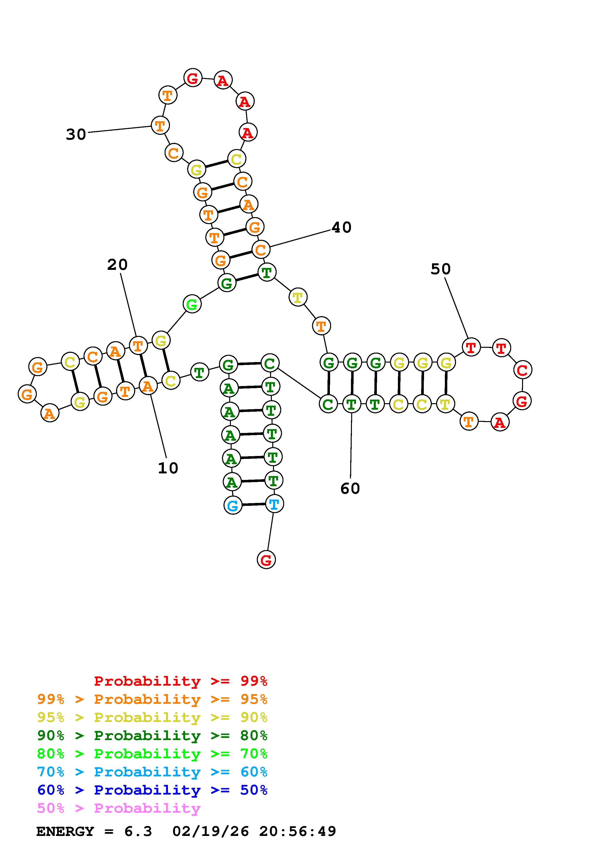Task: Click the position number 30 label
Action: coord(76,134)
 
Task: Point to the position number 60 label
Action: coord(350,488)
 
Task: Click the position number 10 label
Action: coord(168,468)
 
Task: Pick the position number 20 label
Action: coord(117,264)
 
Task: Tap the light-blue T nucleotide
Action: coord(274,504)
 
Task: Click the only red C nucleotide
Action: coord(522,370)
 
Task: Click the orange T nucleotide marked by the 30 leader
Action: coord(160,125)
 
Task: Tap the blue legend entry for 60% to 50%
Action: coord(152,790)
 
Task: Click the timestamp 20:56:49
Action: coord(297,831)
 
